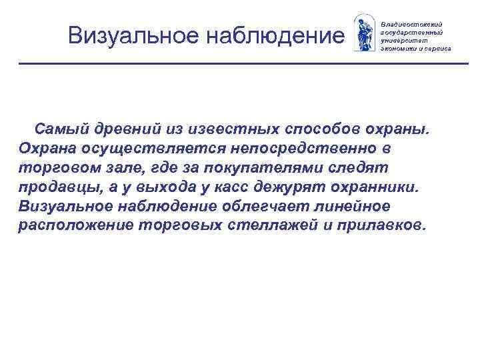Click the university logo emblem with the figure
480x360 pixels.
click(364, 31)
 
